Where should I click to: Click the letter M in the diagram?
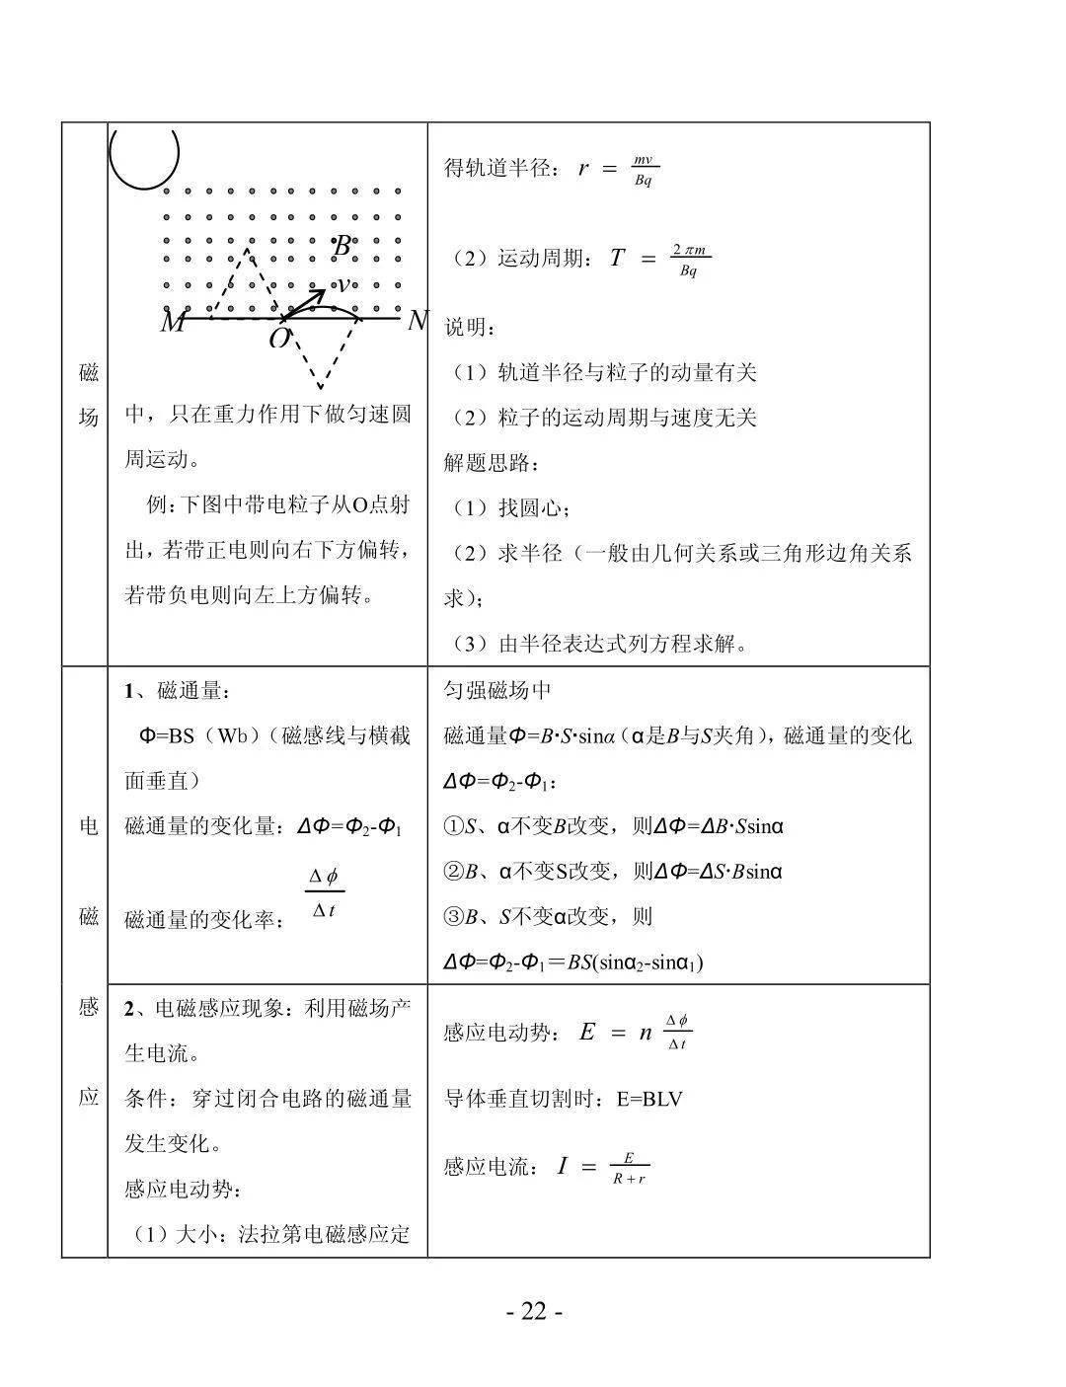173,322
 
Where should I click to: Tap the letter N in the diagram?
418,321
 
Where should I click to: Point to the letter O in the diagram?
279,340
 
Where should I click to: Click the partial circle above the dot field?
144,157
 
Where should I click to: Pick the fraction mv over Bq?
644,170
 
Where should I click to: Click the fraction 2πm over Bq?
689,260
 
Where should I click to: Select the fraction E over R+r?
629,1168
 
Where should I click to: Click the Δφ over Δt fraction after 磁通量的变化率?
324,893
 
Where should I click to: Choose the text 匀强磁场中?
497,690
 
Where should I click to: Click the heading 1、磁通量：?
178,691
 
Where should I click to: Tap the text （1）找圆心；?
511,507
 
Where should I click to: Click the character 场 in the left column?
88,418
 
